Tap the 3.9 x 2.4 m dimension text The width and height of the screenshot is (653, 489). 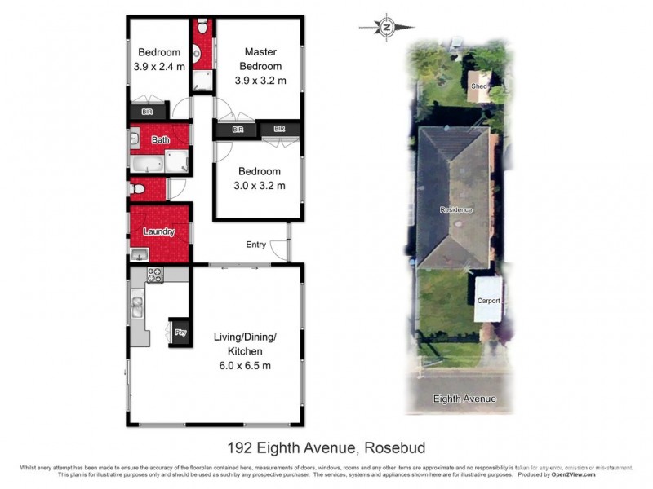pos(160,66)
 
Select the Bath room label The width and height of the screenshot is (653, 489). pos(160,140)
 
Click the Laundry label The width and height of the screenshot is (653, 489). pos(159,231)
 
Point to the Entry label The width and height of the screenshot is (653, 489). pos(256,244)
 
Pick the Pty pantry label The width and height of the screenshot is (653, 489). pos(180,332)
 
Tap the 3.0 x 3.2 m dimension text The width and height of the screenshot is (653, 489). pos(260,185)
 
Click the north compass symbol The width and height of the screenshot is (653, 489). pos(387,27)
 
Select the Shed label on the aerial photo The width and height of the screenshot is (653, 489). pos(479,85)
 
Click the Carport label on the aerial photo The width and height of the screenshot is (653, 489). pos(488,301)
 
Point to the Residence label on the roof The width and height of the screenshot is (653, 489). pos(456,209)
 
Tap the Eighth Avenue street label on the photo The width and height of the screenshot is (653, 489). pos(465,399)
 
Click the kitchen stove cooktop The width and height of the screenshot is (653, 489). pos(154,276)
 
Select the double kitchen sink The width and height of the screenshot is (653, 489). pos(138,308)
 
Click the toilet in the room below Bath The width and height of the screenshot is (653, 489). pos(138,189)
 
